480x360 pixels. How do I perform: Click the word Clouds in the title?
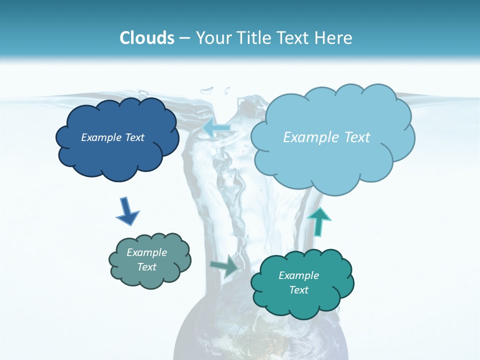click(147, 38)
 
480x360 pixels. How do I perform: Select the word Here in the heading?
click(334, 38)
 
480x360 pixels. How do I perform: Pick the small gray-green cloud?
click(150, 277)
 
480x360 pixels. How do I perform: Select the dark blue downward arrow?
click(127, 210)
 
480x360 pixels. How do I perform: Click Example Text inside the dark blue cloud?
click(112, 137)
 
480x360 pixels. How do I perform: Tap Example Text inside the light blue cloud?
click(326, 137)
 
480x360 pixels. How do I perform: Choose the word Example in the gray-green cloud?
click(146, 252)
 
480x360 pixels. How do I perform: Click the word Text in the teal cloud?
click(298, 290)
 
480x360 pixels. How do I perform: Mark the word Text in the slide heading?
click(294, 38)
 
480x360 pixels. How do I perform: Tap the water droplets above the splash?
click(215, 91)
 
